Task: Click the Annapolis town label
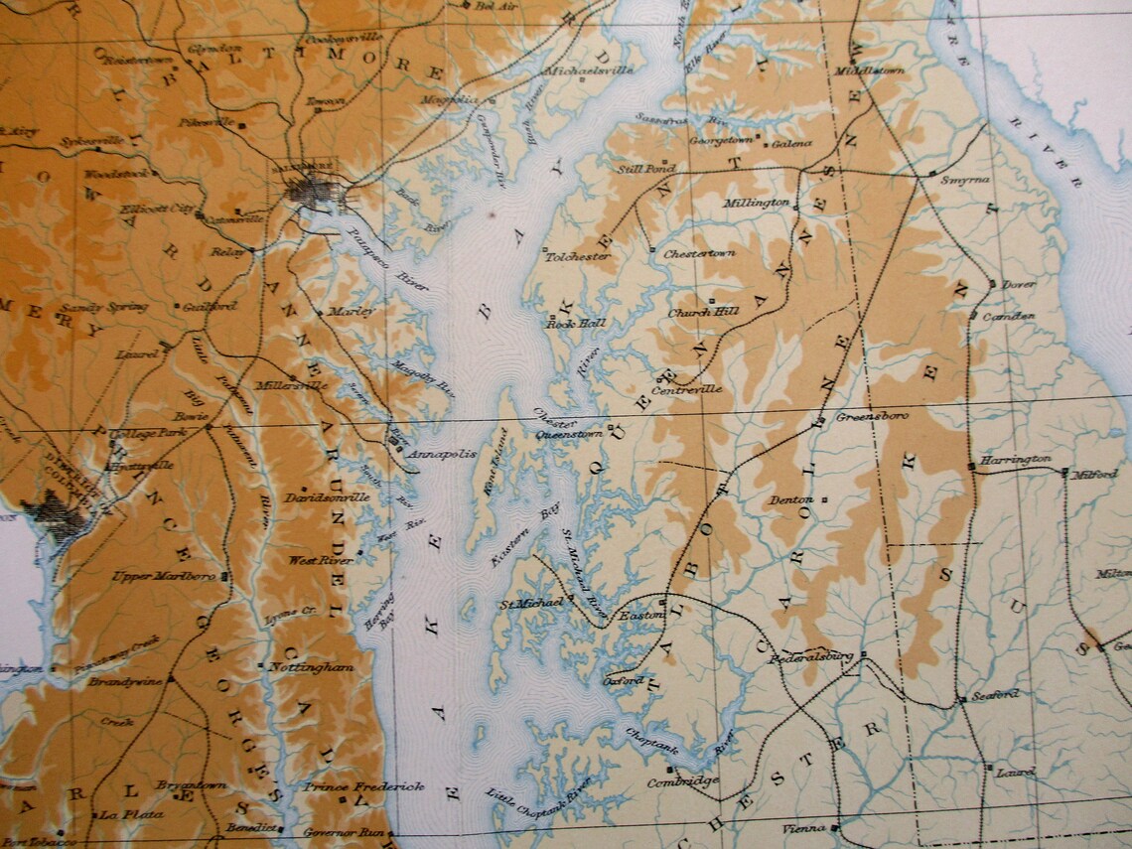click(446, 454)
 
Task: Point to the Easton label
click(640, 616)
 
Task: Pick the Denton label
click(791, 500)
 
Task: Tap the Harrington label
click(1015, 460)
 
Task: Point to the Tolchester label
click(577, 256)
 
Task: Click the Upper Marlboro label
click(164, 576)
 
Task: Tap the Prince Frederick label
click(363, 786)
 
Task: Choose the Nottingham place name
click(311, 668)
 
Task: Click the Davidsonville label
click(327, 496)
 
